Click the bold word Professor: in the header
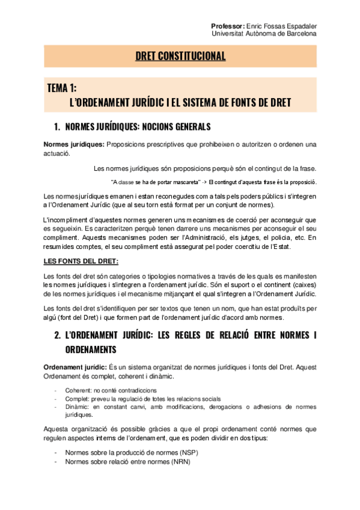pyautogui.click(x=228, y=26)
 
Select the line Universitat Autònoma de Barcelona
pyautogui.click(x=264, y=34)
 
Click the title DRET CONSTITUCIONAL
pyautogui.click(x=180, y=57)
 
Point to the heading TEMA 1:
pyautogui.click(x=61, y=88)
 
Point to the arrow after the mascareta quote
pyautogui.click(x=204, y=182)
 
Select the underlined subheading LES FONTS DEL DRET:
pyautogui.click(x=81, y=260)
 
